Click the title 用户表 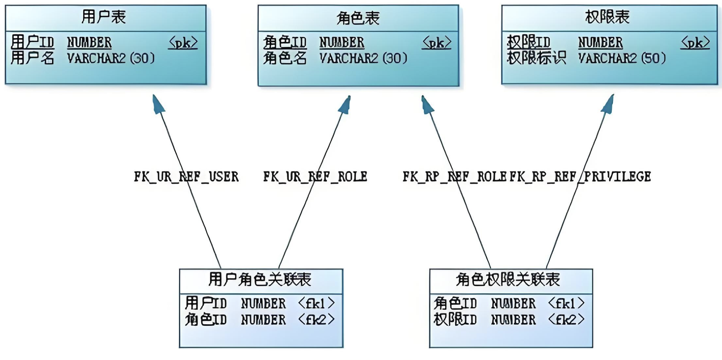coord(104,17)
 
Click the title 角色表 coord(358,18)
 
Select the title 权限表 coord(607,17)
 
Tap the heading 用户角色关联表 coord(260,280)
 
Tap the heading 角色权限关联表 coord(508,280)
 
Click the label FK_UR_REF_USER coord(186,177)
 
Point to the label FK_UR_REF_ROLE coord(315,177)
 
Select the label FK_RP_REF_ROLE coord(454,177)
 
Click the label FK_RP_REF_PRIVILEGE coord(580,177)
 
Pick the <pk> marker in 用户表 coord(183,43)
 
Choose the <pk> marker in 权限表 coord(695,43)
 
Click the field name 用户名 coord(32,58)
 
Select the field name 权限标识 coord(536,58)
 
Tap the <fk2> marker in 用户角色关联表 coord(316,320)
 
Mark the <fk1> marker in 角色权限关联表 coord(566,303)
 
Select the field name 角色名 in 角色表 coord(285,58)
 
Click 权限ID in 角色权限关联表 coord(455,320)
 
